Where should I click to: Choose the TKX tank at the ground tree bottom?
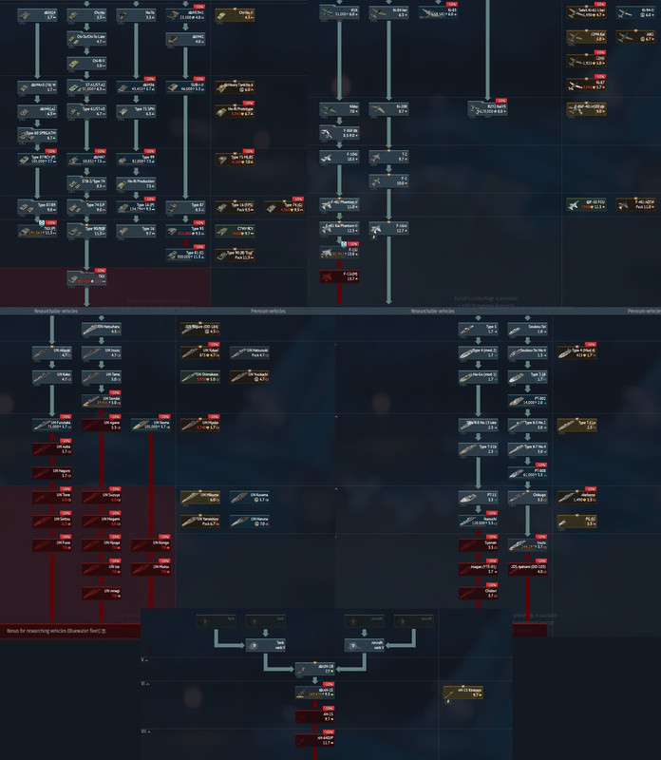85,276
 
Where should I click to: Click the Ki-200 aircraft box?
388,110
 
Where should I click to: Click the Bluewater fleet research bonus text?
57,631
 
